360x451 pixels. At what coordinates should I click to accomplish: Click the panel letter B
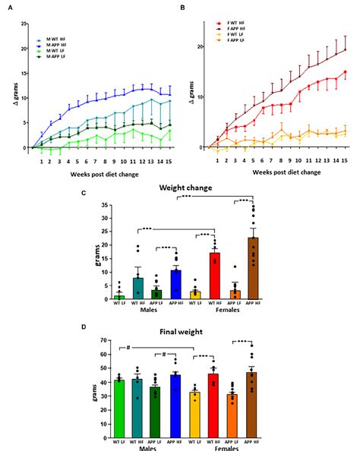(185, 7)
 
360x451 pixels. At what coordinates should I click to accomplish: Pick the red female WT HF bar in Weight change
(215, 275)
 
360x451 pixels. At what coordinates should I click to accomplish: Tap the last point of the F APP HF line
(346, 50)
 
